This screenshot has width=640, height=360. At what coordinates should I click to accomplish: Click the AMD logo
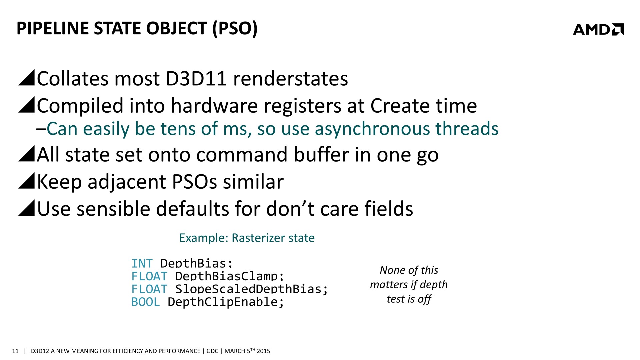598,29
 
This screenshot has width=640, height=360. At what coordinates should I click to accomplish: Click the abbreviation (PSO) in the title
235,28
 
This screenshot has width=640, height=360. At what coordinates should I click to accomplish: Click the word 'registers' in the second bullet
302,106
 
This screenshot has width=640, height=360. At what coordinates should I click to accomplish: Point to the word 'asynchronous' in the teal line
372,129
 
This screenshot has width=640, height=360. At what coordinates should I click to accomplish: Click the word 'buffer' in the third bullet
321,155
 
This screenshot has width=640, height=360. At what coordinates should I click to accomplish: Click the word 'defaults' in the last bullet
192,209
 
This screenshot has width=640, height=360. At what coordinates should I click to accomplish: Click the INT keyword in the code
142,263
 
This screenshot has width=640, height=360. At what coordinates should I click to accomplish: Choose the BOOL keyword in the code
146,302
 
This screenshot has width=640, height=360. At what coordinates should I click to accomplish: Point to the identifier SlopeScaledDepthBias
248,289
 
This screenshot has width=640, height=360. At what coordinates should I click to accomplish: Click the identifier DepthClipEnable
223,302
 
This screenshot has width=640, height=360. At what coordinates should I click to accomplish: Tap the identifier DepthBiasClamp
226,276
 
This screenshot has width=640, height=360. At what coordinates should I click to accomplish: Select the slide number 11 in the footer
15,351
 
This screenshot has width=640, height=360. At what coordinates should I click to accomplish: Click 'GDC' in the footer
212,351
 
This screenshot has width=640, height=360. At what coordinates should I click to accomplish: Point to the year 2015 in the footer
263,351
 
